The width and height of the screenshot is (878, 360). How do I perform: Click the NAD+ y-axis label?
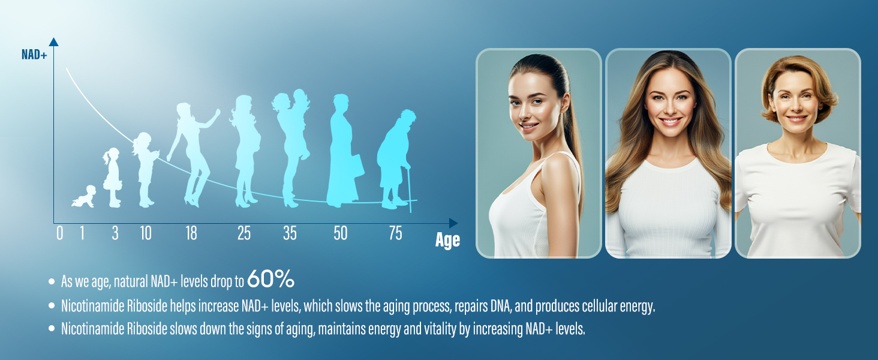click(x=34, y=55)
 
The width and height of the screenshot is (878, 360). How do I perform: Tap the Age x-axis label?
click(x=447, y=239)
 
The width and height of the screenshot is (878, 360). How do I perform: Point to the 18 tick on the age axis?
click(x=191, y=233)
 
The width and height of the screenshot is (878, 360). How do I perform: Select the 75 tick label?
click(x=395, y=233)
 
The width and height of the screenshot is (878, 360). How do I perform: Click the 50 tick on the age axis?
click(x=340, y=233)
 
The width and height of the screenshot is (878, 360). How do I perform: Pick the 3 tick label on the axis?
click(x=115, y=233)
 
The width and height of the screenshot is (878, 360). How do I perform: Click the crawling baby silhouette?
click(x=84, y=196)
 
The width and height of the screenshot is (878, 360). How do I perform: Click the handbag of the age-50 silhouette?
click(x=359, y=166)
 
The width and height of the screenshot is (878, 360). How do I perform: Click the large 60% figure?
click(x=271, y=279)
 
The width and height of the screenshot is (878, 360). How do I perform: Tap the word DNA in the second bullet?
click(x=501, y=306)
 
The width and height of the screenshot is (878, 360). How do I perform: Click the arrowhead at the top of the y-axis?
click(x=54, y=41)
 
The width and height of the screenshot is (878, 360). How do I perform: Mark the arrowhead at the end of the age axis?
click(x=453, y=223)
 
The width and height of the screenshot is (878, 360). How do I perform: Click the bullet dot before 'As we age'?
click(x=52, y=281)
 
